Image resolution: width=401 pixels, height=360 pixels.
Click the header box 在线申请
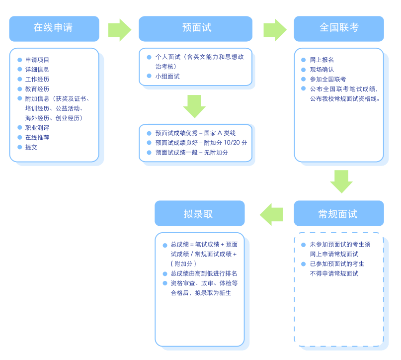[x=54, y=29]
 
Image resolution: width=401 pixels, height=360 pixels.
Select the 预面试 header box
[x=196, y=29]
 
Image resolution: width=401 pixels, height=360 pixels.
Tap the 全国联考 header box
[x=339, y=29]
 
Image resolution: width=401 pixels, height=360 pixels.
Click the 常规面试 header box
[x=339, y=213]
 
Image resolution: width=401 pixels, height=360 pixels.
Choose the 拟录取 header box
[x=200, y=213]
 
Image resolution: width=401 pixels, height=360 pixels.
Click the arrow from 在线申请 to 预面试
[x=120, y=30]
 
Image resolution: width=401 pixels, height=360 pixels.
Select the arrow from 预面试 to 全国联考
[x=275, y=30]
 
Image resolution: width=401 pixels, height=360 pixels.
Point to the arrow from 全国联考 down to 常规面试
[x=341, y=181]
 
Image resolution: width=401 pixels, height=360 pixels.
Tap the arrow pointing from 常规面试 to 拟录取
[x=271, y=214]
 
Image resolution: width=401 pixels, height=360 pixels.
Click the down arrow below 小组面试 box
[x=194, y=106]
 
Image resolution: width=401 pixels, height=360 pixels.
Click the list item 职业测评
[x=37, y=128]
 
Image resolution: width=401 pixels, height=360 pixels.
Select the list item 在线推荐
[x=37, y=137]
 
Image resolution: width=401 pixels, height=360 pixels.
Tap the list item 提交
[x=31, y=147]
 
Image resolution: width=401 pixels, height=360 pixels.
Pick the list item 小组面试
[x=167, y=76]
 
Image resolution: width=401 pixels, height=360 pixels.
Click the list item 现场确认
[x=322, y=70]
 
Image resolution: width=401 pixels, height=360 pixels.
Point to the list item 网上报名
[x=322, y=60]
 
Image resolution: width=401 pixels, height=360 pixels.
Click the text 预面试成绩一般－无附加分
[x=191, y=153]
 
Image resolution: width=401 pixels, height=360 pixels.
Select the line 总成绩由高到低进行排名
[x=204, y=273]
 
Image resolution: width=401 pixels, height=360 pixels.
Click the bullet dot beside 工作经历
[x=20, y=79]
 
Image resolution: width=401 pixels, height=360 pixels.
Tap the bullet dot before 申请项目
[x=20, y=60]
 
